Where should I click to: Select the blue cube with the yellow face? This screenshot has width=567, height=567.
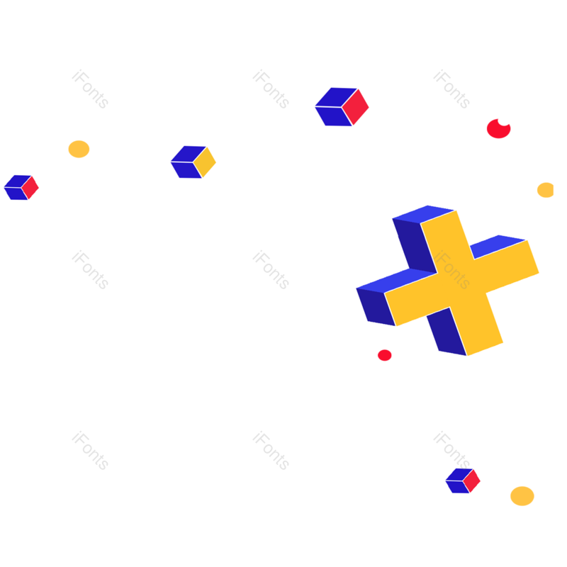193,162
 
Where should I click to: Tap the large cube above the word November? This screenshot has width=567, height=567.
342,107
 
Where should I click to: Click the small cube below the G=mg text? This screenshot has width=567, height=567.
462,481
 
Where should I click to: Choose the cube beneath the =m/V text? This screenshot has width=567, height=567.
21,187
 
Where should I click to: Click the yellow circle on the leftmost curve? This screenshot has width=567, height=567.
79,150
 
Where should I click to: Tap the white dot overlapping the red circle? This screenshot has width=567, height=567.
504,120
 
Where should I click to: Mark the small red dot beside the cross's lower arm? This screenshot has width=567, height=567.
385,355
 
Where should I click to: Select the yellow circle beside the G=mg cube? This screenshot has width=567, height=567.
522,496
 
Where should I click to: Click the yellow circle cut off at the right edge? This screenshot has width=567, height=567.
545,190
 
